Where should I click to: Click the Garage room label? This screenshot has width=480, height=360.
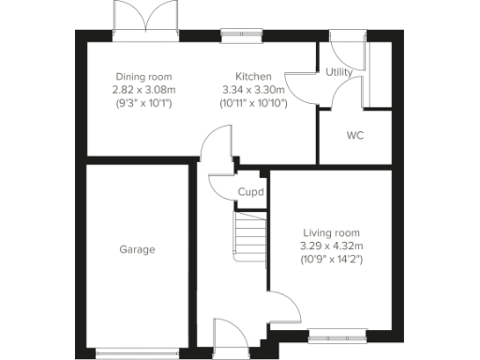tap(137, 249)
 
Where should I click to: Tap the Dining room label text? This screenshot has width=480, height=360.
tap(143, 77)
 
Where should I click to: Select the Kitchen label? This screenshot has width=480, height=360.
tap(253, 77)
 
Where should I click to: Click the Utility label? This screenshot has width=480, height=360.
tap(337, 71)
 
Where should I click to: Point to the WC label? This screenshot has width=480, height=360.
tap(354, 136)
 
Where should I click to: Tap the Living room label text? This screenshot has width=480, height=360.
tap(330, 232)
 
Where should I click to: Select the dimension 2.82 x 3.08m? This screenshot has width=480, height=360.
tap(143, 90)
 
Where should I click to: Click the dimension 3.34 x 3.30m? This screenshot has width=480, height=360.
tap(253, 90)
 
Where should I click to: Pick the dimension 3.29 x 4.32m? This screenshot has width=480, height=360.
tap(330, 246)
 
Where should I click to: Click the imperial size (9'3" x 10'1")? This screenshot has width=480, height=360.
tap(143, 103)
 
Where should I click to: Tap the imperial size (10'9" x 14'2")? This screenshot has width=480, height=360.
tap(330, 259)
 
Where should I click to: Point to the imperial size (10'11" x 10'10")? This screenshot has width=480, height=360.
tap(253, 103)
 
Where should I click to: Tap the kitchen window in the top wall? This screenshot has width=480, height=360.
tap(241, 36)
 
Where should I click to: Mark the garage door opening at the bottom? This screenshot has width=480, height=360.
tap(137, 353)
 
